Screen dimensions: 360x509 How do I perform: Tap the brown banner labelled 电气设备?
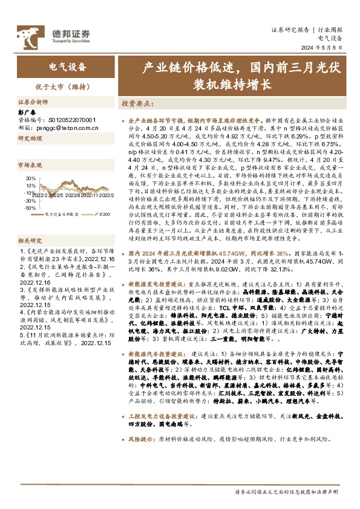click(67, 67)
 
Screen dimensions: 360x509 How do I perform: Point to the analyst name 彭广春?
click(27, 112)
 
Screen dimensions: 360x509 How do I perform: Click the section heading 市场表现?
click(28, 164)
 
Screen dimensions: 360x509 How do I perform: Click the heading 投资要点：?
click(139, 103)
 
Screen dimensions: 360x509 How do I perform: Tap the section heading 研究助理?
click(28, 138)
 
